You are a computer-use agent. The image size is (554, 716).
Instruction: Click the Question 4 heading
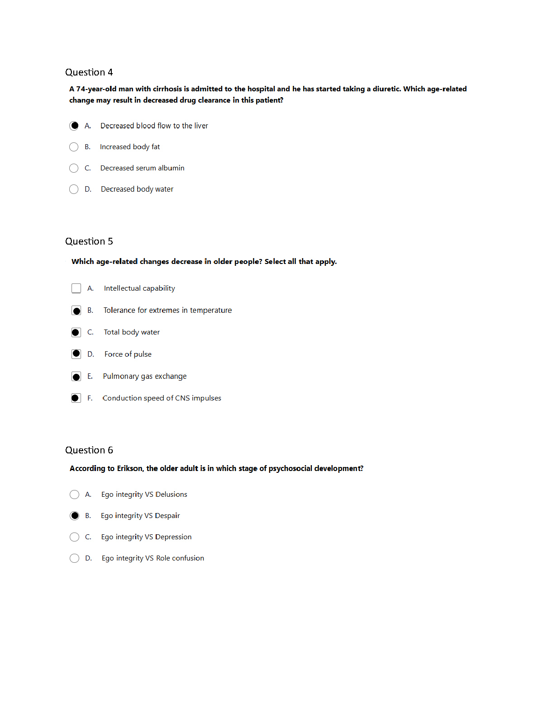pyautogui.click(x=89, y=72)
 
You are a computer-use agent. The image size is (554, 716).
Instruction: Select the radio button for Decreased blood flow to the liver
pyautogui.click(x=74, y=126)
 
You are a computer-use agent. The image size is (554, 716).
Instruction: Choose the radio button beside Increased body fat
pyautogui.click(x=74, y=147)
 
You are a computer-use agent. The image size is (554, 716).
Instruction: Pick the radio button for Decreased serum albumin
pyautogui.click(x=74, y=168)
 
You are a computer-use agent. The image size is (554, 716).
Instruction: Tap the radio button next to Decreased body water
pyautogui.click(x=74, y=189)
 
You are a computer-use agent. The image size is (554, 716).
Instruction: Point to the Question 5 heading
pyautogui.click(x=89, y=241)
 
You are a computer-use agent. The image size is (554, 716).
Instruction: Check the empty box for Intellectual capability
pyautogui.click(x=76, y=288)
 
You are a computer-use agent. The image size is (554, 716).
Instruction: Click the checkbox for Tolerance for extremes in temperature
pyautogui.click(x=76, y=311)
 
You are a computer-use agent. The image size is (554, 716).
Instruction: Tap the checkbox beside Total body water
pyautogui.click(x=76, y=332)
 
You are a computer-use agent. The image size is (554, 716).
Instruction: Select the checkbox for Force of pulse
pyautogui.click(x=76, y=354)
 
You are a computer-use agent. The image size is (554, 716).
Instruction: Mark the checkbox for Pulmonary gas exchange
pyautogui.click(x=76, y=377)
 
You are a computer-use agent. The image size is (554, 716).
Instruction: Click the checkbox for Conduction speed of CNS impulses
pyautogui.click(x=76, y=398)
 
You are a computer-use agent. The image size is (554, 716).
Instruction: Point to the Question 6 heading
pyautogui.click(x=89, y=450)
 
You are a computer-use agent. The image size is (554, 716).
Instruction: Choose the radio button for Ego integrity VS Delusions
pyautogui.click(x=75, y=495)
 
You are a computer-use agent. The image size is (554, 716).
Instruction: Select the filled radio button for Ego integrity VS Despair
pyautogui.click(x=75, y=516)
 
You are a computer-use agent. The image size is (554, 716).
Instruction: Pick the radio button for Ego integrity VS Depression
pyautogui.click(x=75, y=537)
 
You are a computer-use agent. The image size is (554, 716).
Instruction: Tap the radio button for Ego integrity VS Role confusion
pyautogui.click(x=75, y=558)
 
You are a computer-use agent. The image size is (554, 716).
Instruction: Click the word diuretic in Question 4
pyautogui.click(x=387, y=89)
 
